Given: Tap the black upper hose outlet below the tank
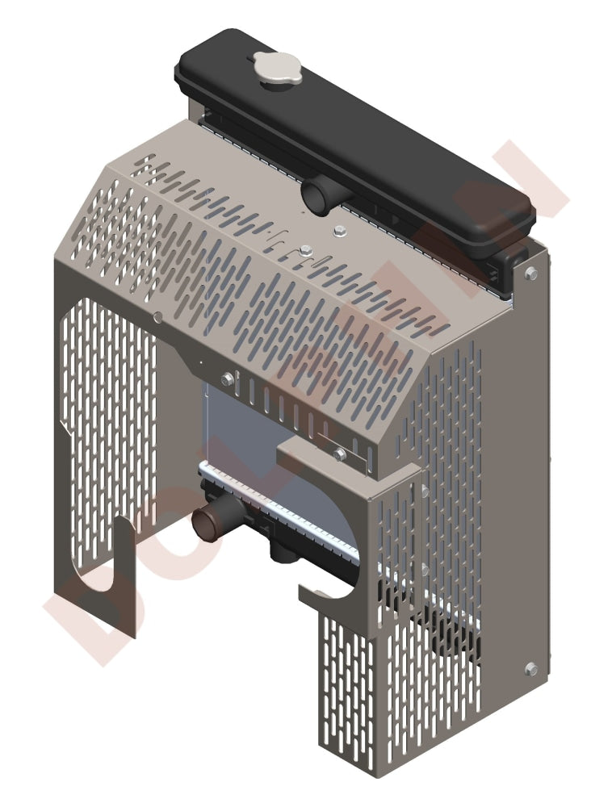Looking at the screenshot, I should (316, 196).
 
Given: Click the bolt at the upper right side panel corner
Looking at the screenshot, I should (530, 274).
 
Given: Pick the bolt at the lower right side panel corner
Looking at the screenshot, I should (530, 669).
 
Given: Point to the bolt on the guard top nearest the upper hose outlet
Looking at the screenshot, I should (337, 232).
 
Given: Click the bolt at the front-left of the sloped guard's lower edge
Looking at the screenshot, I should (227, 378).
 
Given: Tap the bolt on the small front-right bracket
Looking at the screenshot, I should (340, 454).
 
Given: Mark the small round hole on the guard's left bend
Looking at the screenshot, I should (158, 317).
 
